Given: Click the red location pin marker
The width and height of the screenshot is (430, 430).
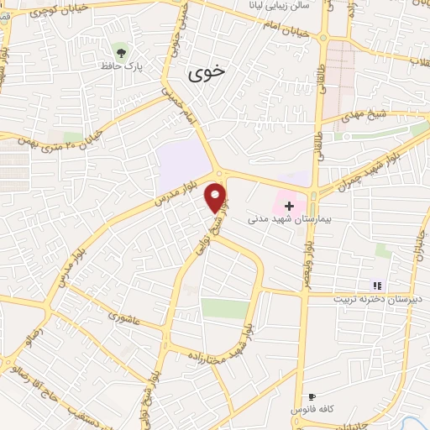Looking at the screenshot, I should pyautogui.click(x=217, y=197).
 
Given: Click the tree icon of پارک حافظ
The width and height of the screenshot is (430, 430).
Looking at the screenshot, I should pyautogui.click(x=121, y=52).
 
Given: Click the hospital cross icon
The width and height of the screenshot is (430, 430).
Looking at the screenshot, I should pyautogui.click(x=289, y=206).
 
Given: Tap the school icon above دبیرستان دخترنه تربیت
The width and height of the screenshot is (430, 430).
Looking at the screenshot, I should pyautogui.click(x=377, y=286).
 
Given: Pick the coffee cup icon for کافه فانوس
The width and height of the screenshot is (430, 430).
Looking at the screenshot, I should pyautogui.click(x=312, y=396).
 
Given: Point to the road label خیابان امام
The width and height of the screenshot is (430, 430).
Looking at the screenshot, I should pyautogui.click(x=298, y=33).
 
